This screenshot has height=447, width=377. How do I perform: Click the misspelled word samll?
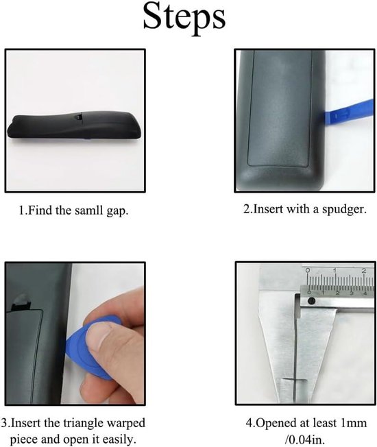click(x=88, y=210)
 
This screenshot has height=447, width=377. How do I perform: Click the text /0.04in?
click(x=305, y=439)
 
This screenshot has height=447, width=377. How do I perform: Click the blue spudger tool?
click(x=348, y=114)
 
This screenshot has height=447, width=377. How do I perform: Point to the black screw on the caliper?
click(x=311, y=301)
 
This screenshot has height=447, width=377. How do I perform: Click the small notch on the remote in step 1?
click(x=78, y=117)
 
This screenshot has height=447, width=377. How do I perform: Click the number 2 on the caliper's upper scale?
click(x=363, y=271)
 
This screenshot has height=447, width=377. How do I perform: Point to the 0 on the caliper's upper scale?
click(x=307, y=270)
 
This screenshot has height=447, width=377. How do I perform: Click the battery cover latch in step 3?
click(x=21, y=302)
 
